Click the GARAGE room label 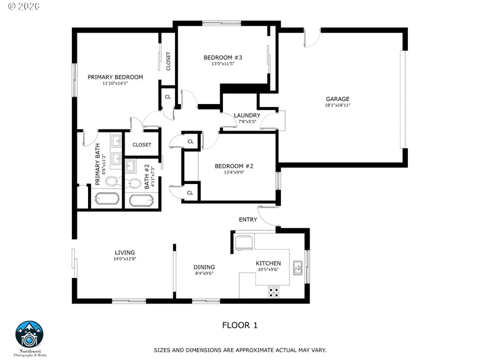pos(338,99)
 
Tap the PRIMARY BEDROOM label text pos(115,77)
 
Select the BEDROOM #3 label pos(223,57)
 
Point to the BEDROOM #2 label pos(234,166)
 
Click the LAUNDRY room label pos(247,115)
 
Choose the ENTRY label pos(248,219)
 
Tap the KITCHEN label pos(268,263)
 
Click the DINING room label pos(204,267)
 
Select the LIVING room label pos(125,253)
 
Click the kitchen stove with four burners pos(274,291)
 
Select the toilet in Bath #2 pos(134,183)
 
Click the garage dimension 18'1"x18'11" pos(338,106)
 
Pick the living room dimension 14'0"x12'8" pos(125,259)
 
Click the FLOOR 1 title pos(239,325)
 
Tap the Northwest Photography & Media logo pos(30,335)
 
